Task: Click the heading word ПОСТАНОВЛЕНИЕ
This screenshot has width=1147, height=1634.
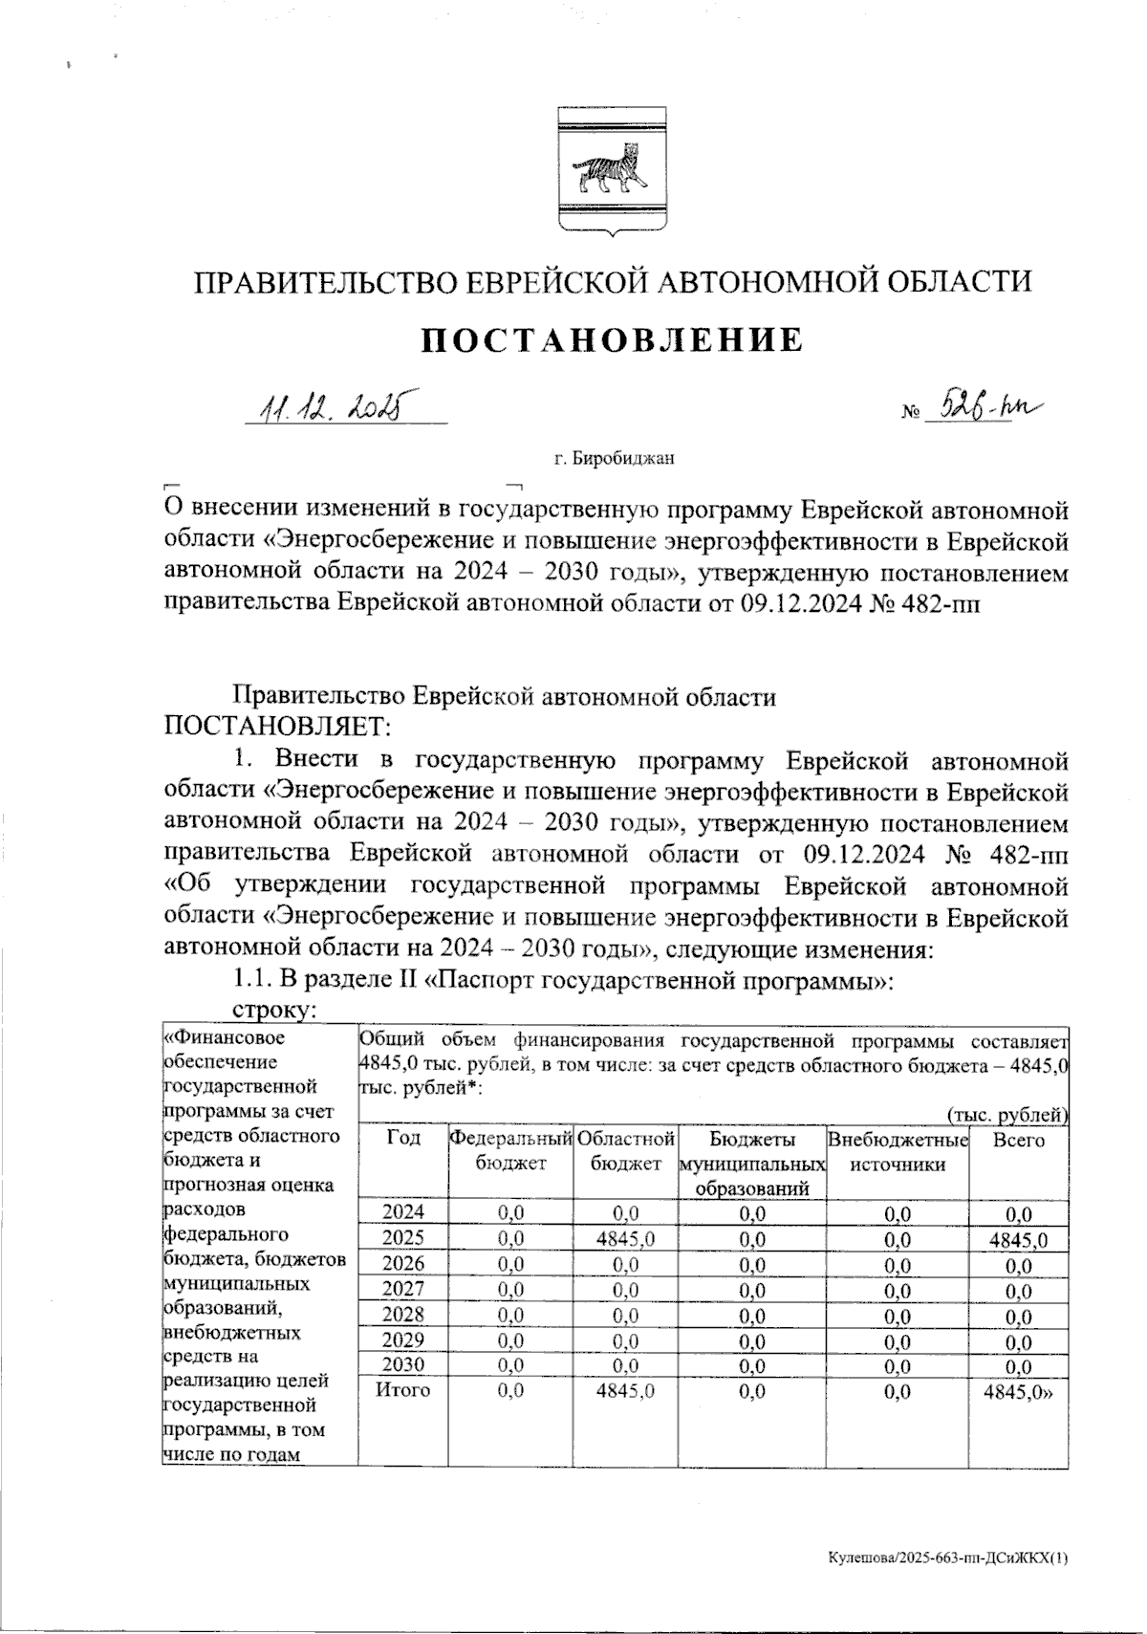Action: click(613, 339)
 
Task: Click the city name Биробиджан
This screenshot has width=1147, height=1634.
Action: click(614, 459)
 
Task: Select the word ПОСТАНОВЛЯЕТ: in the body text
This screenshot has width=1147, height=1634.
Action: click(278, 727)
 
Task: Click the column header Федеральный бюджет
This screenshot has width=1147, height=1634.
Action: click(510, 1151)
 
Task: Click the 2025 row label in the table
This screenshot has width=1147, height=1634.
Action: click(402, 1240)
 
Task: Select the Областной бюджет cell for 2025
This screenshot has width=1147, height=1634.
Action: click(625, 1240)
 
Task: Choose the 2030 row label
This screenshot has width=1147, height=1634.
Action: click(402, 1365)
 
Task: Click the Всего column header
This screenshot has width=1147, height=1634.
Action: click(1018, 1140)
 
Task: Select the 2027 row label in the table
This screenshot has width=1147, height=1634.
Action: click(402, 1290)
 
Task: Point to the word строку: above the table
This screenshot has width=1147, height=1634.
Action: click(276, 1011)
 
